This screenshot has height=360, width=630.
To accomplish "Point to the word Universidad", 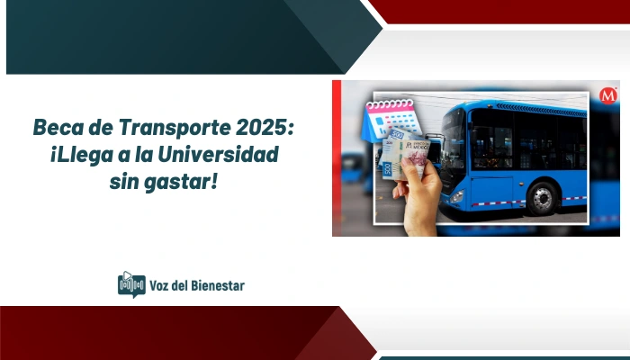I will [221, 155].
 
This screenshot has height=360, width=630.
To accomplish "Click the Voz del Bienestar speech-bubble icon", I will [131, 284].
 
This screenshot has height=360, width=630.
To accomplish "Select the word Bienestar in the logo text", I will [214, 285].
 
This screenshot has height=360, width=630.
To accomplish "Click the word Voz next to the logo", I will [162, 285].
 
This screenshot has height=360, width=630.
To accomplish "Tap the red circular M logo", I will [608, 95].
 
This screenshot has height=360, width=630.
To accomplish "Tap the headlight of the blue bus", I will [457, 195].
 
